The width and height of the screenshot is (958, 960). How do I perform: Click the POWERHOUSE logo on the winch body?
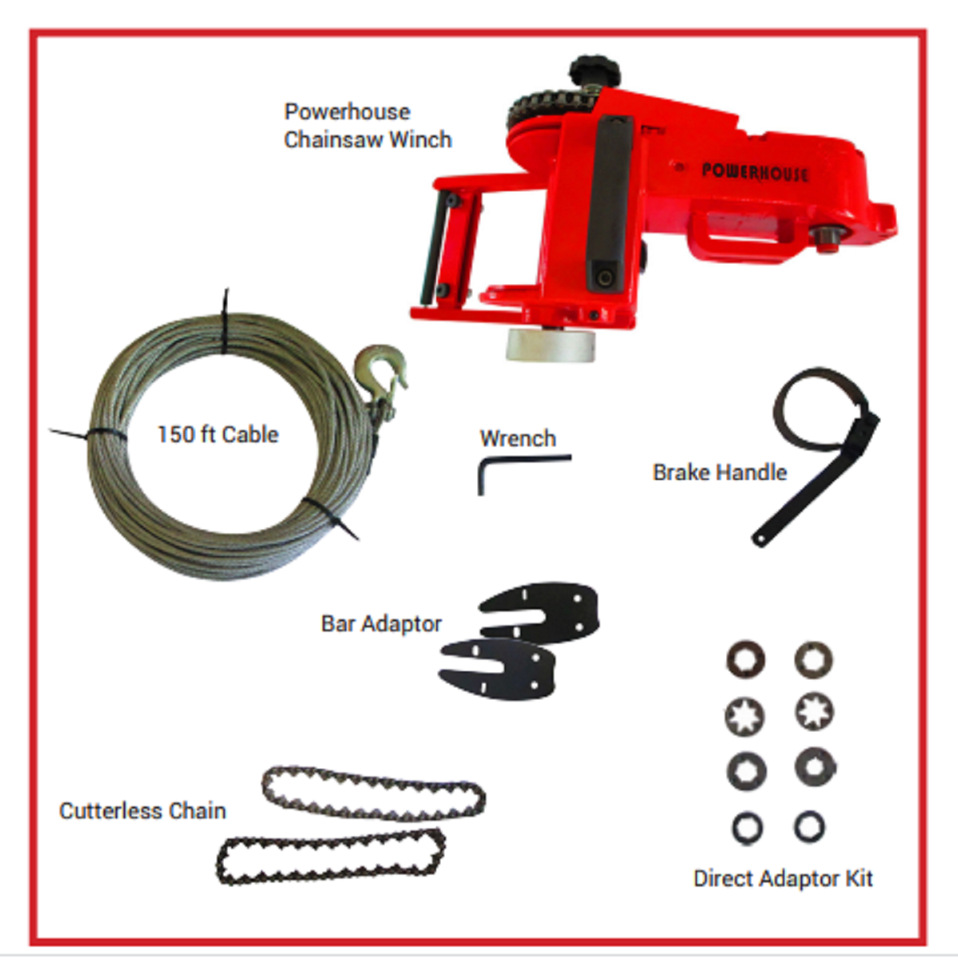coord(754,172)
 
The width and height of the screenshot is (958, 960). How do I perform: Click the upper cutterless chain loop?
coord(374,794)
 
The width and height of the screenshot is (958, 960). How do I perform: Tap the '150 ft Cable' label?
coord(218,434)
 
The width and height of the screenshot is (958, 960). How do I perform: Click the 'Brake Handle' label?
coord(720,472)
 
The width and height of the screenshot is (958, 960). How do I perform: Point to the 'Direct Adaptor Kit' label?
coord(783,878)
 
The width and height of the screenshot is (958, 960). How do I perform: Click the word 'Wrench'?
coord(518,438)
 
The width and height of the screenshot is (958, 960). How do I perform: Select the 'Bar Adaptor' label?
coord(381,624)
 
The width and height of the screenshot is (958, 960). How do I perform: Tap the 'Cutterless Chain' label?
coord(142,810)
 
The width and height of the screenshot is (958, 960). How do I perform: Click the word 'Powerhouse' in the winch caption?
coord(347,111)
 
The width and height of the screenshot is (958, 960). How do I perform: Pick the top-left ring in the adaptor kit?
coord(745,659)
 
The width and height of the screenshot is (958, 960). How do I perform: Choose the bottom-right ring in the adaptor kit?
coord(809,827)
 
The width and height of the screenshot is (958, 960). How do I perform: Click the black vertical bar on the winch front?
coord(610,202)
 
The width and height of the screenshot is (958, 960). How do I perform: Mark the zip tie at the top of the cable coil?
coord(226,320)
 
